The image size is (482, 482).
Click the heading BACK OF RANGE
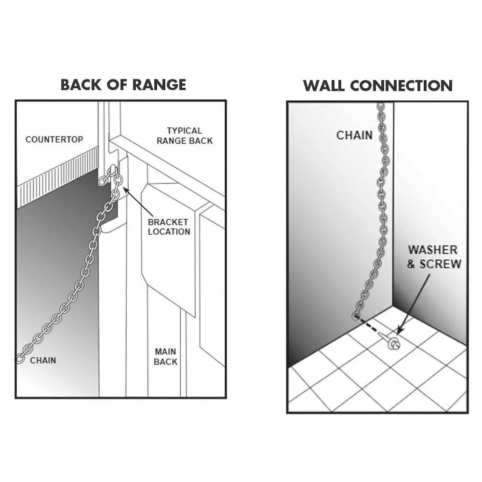[123, 85]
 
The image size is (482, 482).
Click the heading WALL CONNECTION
[377, 86]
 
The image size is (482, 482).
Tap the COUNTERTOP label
[54, 139]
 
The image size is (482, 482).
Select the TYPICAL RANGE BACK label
[184, 135]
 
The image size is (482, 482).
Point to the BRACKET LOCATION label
[169, 227]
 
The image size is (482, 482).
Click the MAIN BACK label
[166, 357]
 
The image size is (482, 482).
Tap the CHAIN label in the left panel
[43, 361]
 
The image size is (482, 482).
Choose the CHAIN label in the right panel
[354, 135]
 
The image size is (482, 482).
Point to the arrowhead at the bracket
[125, 190]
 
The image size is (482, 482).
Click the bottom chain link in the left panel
[20, 358]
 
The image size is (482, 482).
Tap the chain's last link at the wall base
[356, 316]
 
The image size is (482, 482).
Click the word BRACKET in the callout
[168, 222]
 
